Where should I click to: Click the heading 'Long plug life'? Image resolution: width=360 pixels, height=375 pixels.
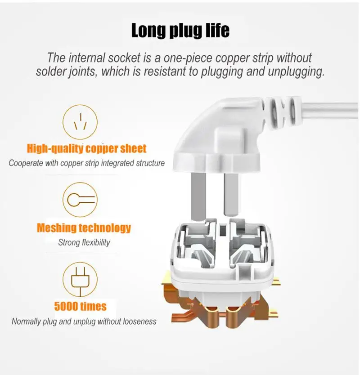coord(180,31)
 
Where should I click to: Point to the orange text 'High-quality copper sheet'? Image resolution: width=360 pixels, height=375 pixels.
coord(87,148)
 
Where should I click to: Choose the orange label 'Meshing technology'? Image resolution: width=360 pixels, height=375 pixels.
coord(84,228)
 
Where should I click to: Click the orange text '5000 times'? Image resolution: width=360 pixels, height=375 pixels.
coord(80,307)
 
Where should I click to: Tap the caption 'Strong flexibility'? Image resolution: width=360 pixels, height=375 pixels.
coord(84,243)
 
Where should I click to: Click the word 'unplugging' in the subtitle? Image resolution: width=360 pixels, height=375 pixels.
coord(296,72)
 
